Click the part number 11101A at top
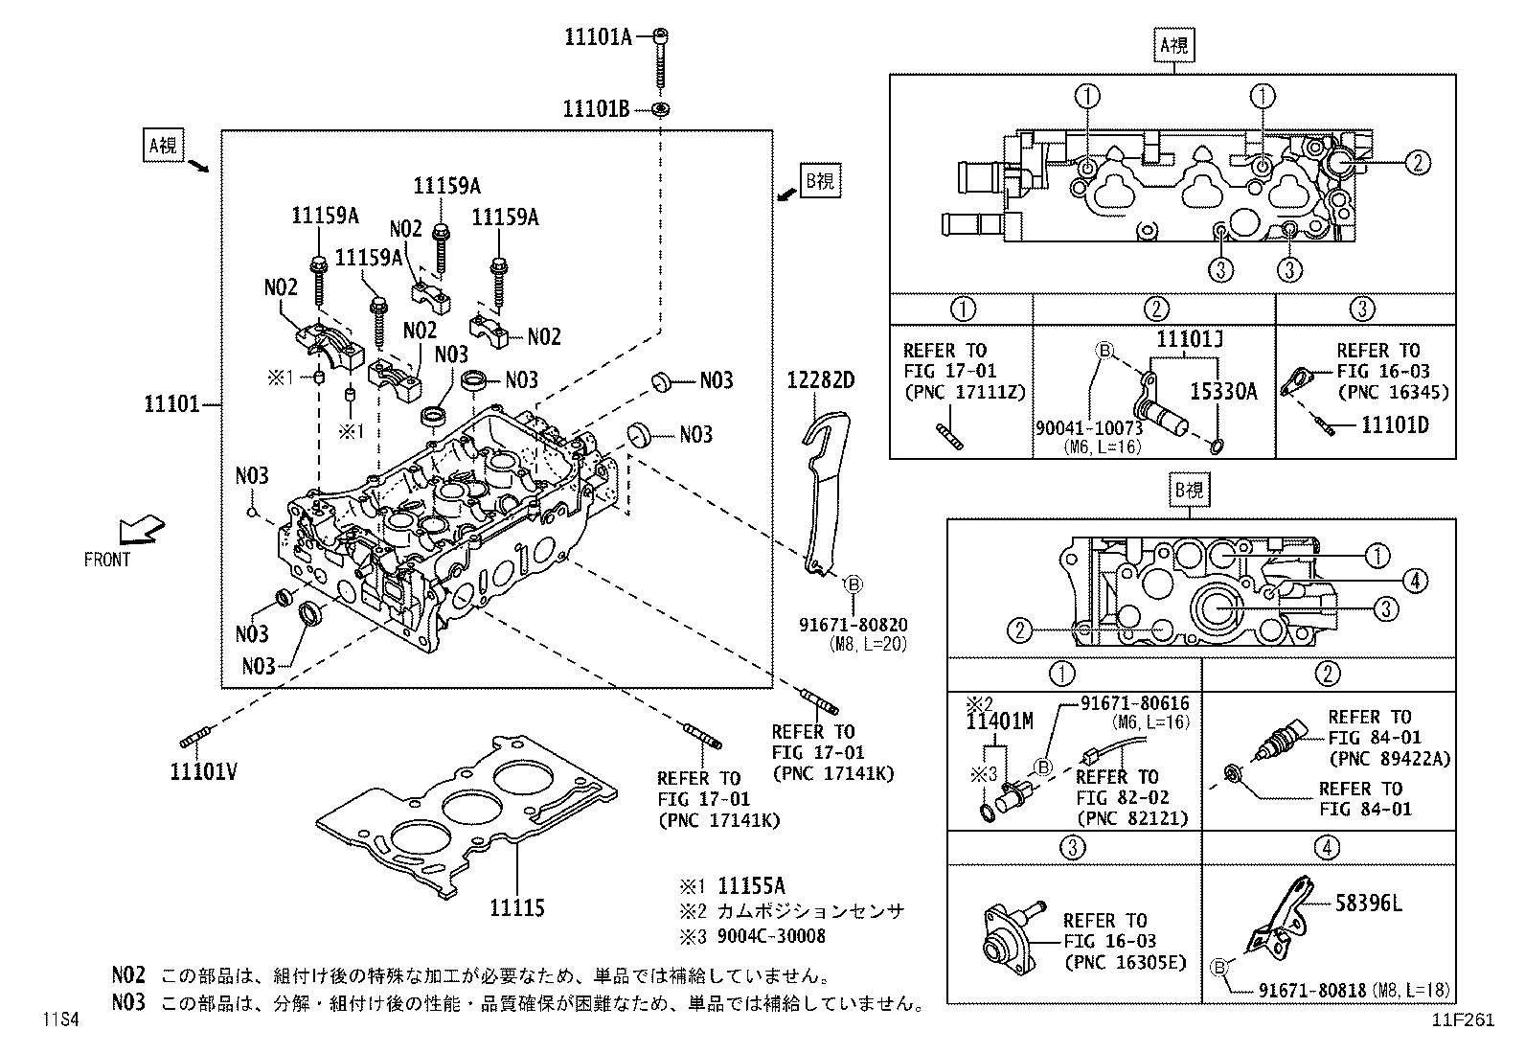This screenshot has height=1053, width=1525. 598,37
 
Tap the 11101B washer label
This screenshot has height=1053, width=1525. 596,108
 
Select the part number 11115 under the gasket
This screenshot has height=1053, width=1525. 516,907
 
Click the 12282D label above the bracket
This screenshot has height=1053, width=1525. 820,380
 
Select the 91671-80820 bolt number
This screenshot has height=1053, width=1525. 853,625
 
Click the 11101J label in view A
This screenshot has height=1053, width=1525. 1189,339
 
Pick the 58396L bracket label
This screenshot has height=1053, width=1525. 1370,902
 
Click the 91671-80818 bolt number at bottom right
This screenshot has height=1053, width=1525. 1311,990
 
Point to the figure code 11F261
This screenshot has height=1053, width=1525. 1463,1020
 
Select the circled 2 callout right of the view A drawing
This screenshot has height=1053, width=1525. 1418,163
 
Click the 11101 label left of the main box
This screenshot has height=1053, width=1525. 171,404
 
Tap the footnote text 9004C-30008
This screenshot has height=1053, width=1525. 771,936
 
